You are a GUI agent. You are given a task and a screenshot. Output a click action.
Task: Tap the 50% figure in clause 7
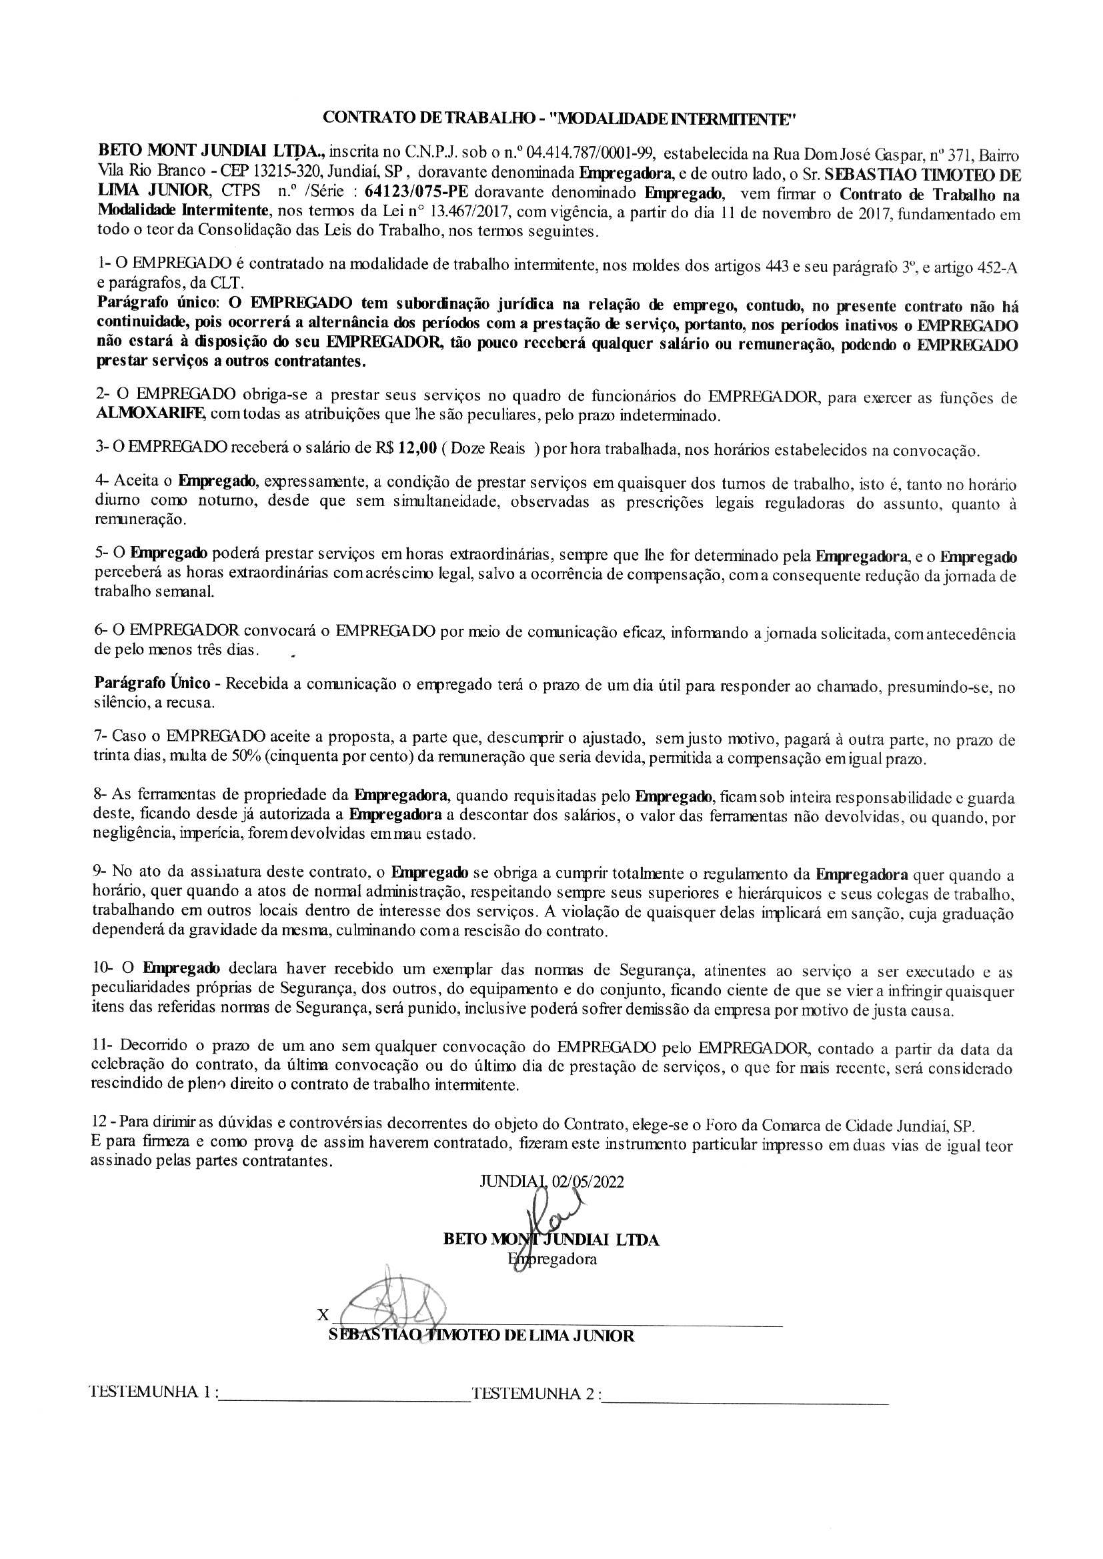point(237,757)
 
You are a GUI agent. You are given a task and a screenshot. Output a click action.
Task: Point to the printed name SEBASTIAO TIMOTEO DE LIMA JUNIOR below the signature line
point(481,1336)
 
